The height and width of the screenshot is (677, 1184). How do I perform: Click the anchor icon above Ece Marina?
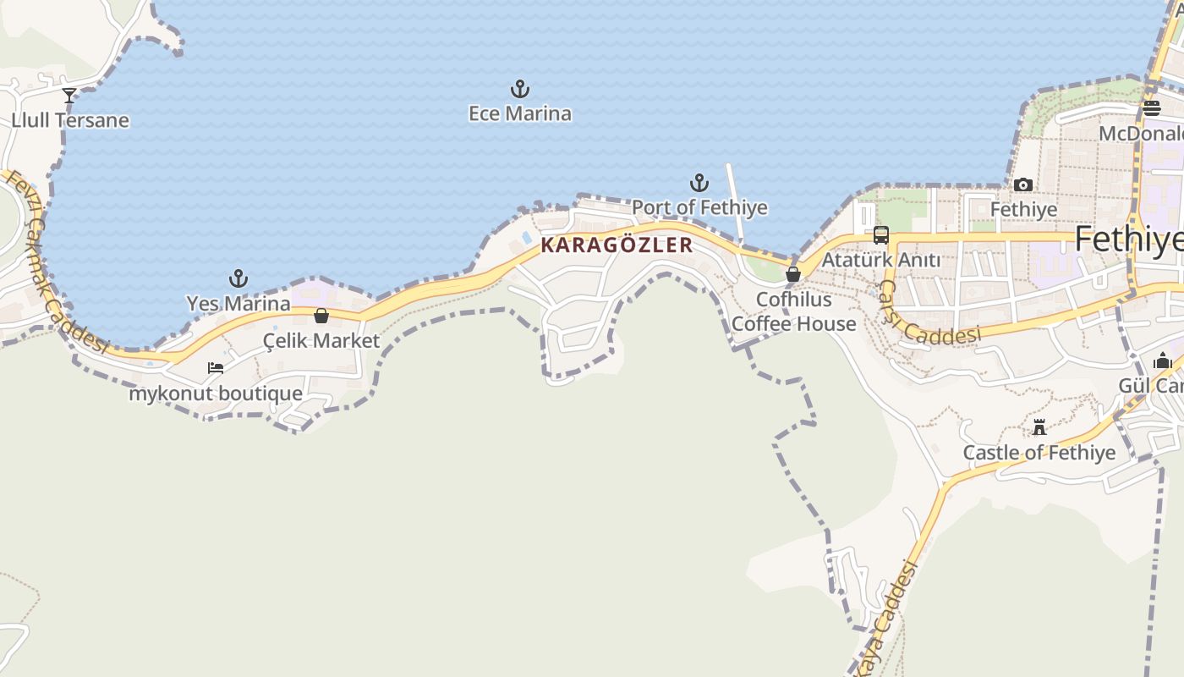[519, 89]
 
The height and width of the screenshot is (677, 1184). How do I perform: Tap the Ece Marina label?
[519, 113]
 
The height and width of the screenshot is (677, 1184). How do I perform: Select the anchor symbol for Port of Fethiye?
[699, 183]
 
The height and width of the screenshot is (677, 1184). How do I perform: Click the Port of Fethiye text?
[699, 207]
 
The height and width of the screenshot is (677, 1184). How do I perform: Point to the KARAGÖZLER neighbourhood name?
[617, 245]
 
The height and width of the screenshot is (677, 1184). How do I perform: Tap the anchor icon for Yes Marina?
[238, 278]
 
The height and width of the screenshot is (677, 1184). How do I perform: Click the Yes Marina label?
[238, 303]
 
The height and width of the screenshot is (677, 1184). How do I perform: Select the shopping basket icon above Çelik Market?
[321, 316]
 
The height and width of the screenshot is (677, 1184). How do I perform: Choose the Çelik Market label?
[321, 341]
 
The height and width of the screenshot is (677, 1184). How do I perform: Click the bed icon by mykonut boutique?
[216, 368]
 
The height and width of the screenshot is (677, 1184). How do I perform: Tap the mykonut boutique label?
[216, 394]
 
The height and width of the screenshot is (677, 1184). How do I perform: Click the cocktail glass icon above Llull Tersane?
[69, 96]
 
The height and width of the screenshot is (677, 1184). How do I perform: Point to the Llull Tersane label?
[70, 120]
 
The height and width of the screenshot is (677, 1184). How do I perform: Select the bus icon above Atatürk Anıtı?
[880, 235]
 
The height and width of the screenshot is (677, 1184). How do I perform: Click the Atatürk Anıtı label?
[880, 260]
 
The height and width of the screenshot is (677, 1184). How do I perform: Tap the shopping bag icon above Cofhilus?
[793, 274]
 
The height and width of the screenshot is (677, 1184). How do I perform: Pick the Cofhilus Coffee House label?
[793, 311]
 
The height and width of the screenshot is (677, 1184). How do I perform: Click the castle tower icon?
[1039, 427]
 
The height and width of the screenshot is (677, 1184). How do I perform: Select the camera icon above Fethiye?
[1023, 184]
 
